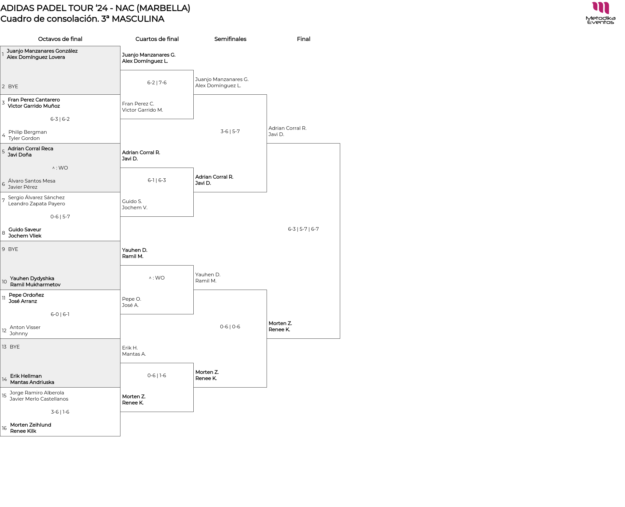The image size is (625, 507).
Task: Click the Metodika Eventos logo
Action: pyautogui.click(x=600, y=13)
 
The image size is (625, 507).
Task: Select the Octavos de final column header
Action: pyautogui.click(x=60, y=39)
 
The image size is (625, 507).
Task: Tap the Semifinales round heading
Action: pyautogui.click(x=230, y=39)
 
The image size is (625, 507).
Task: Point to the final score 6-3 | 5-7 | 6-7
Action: pyautogui.click(x=303, y=229)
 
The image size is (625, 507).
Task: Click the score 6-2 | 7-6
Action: pyautogui.click(x=157, y=83)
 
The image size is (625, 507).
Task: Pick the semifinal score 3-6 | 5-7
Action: pyautogui.click(x=230, y=131)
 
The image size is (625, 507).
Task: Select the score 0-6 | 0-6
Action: pyautogui.click(x=230, y=327)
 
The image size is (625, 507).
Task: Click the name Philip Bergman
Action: pyautogui.click(x=28, y=132)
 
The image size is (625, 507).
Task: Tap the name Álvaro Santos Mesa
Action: pyautogui.click(x=32, y=181)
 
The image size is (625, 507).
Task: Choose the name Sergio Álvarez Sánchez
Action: pyautogui.click(x=36, y=198)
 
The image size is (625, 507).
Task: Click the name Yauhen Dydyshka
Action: pyautogui.click(x=32, y=279)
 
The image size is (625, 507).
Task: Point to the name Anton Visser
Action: pyautogui.click(x=25, y=327)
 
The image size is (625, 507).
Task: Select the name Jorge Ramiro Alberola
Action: pyautogui.click(x=37, y=393)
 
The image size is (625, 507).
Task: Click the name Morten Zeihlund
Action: pyautogui.click(x=31, y=425)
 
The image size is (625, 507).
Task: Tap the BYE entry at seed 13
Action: pyautogui.click(x=15, y=347)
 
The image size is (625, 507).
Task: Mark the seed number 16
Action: pyautogui.click(x=4, y=428)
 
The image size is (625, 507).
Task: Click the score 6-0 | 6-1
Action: pyautogui.click(x=60, y=314)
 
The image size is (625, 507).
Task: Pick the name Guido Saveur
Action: pyautogui.click(x=25, y=230)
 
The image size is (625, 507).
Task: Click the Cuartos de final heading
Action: pyautogui.click(x=157, y=39)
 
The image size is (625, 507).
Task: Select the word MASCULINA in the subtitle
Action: pyautogui.click(x=138, y=19)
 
